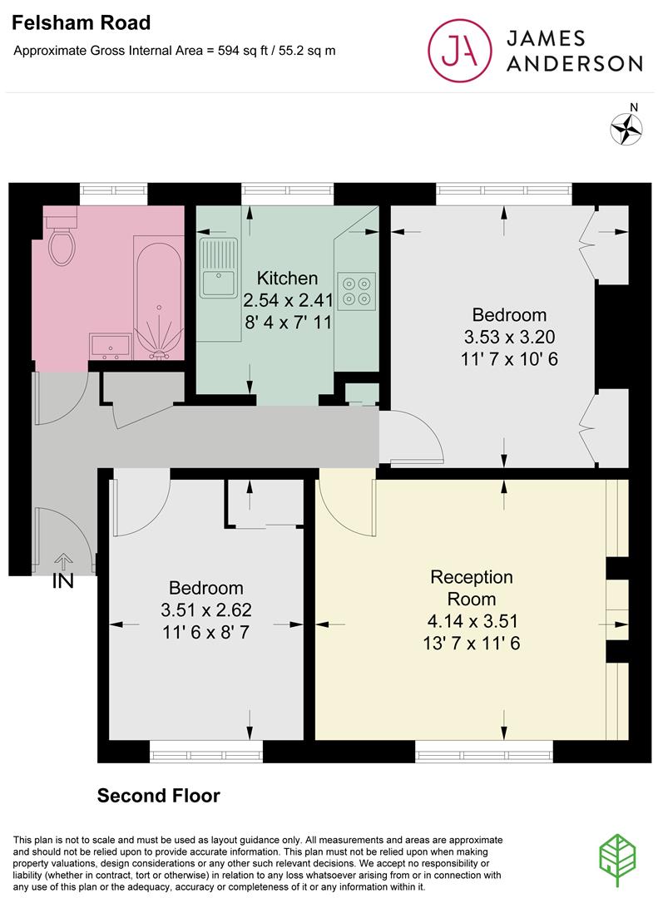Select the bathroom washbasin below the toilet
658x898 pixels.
tap(110, 347)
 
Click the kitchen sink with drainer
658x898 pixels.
tap(219, 268)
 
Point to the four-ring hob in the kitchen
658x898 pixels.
tap(357, 291)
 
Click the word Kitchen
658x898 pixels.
tap(287, 279)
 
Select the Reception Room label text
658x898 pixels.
tap(471, 588)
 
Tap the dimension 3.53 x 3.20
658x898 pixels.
tap(510, 337)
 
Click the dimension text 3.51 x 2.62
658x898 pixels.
tap(206, 610)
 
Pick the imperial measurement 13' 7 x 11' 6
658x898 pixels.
tap(471, 643)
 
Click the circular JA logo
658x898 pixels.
tap(460, 51)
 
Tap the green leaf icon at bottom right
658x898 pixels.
tap(617, 861)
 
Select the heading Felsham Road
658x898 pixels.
tap(81, 23)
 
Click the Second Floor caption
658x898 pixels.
tap(158, 796)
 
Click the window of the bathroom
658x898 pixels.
tap(113, 190)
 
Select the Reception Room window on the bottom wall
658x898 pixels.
tap(484, 752)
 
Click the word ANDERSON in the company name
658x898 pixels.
tap(574, 63)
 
